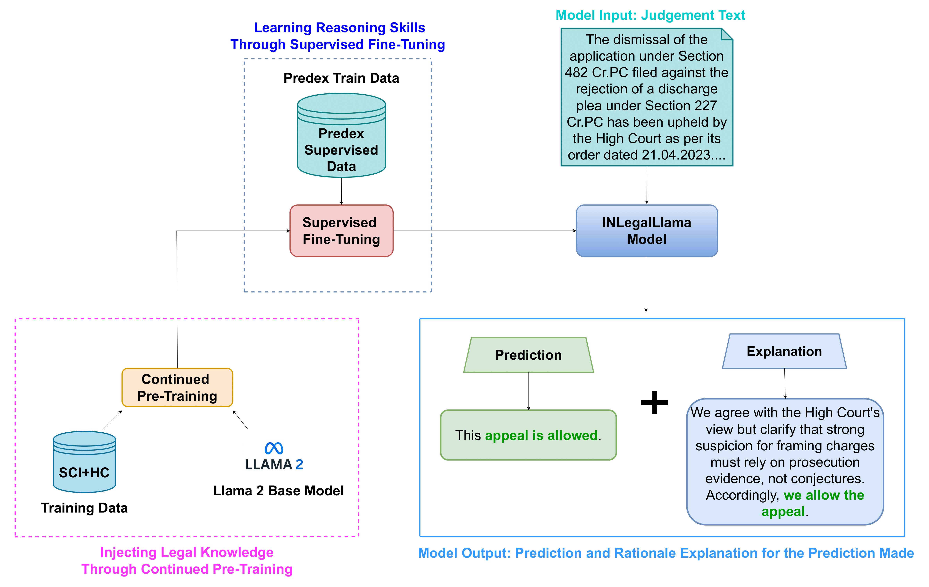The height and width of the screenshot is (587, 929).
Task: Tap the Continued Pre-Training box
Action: click(x=177, y=387)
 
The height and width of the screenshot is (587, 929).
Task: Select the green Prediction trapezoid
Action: click(x=528, y=355)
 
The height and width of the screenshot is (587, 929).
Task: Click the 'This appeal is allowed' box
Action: click(x=528, y=435)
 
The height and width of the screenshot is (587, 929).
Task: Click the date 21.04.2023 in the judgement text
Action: click(x=676, y=155)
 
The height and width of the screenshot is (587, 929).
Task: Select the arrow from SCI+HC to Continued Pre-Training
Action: click(x=112, y=420)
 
